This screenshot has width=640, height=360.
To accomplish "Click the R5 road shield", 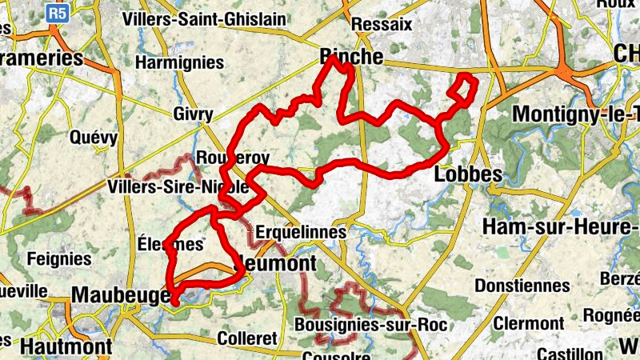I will (56, 12).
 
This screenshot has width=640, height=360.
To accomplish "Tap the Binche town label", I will (351, 57).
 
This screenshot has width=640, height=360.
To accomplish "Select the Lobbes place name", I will (468, 174).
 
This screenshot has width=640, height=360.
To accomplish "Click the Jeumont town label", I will (275, 263).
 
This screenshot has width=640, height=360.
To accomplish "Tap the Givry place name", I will (193, 114).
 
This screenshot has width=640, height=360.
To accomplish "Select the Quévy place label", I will (94, 138).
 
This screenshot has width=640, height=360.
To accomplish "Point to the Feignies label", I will (59, 258).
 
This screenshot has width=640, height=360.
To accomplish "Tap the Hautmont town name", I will (66, 346).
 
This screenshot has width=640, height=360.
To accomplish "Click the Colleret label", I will (246, 338).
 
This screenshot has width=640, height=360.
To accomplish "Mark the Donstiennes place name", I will (522, 286).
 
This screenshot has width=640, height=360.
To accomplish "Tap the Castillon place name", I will (569, 353).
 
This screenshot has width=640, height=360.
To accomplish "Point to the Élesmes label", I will (169, 243).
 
